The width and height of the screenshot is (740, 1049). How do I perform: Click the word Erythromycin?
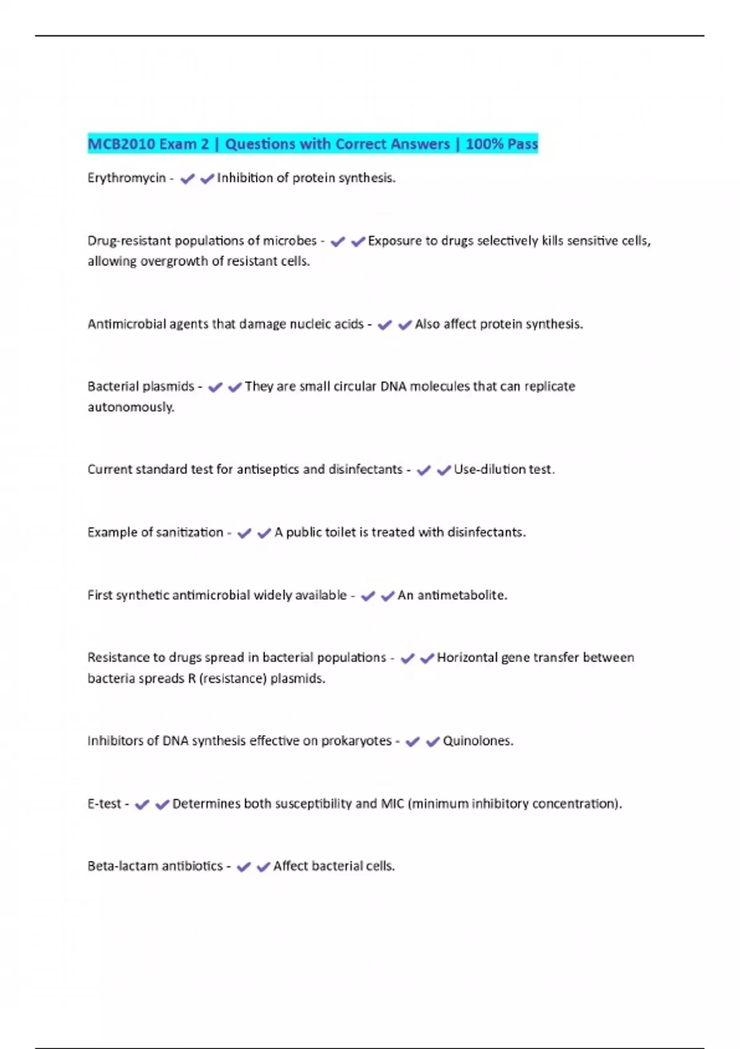pyautogui.click(x=126, y=178)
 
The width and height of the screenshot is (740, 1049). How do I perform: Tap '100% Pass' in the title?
pyautogui.click(x=502, y=144)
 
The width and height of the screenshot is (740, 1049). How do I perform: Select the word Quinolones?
pyautogui.click(x=477, y=741)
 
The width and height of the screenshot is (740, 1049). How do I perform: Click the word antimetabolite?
pyautogui.click(x=462, y=595)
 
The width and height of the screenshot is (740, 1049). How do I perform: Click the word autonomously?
pyautogui.click(x=131, y=407)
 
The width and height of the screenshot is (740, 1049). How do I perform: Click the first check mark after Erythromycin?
pyautogui.click(x=187, y=179)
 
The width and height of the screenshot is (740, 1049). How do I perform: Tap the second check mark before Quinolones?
pyautogui.click(x=433, y=742)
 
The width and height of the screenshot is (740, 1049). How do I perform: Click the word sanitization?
pyautogui.click(x=189, y=533)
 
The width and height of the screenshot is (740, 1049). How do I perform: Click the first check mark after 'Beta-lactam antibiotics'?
pyautogui.click(x=244, y=867)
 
